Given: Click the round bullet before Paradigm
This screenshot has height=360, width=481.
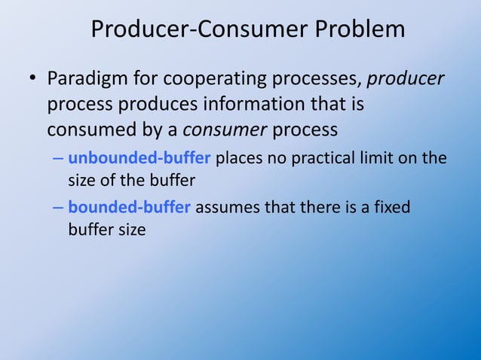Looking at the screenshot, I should coord(33,79).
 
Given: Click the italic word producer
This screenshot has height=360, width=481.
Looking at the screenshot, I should coord(406,78).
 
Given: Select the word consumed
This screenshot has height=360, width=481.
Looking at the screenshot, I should coord(93,130).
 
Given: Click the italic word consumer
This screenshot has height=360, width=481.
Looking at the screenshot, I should coord(225,130).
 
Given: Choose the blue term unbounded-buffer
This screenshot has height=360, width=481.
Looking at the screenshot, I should coord(139,158).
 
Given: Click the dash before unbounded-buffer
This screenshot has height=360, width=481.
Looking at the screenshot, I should coord(58,159).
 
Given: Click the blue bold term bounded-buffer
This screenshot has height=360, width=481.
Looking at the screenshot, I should coord(129,207).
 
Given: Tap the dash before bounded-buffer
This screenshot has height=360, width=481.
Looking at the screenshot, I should coord(58,208).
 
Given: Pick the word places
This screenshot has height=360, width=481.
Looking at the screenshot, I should coord(237,158).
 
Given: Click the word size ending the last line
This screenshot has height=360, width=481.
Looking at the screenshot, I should coord(130,229).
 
